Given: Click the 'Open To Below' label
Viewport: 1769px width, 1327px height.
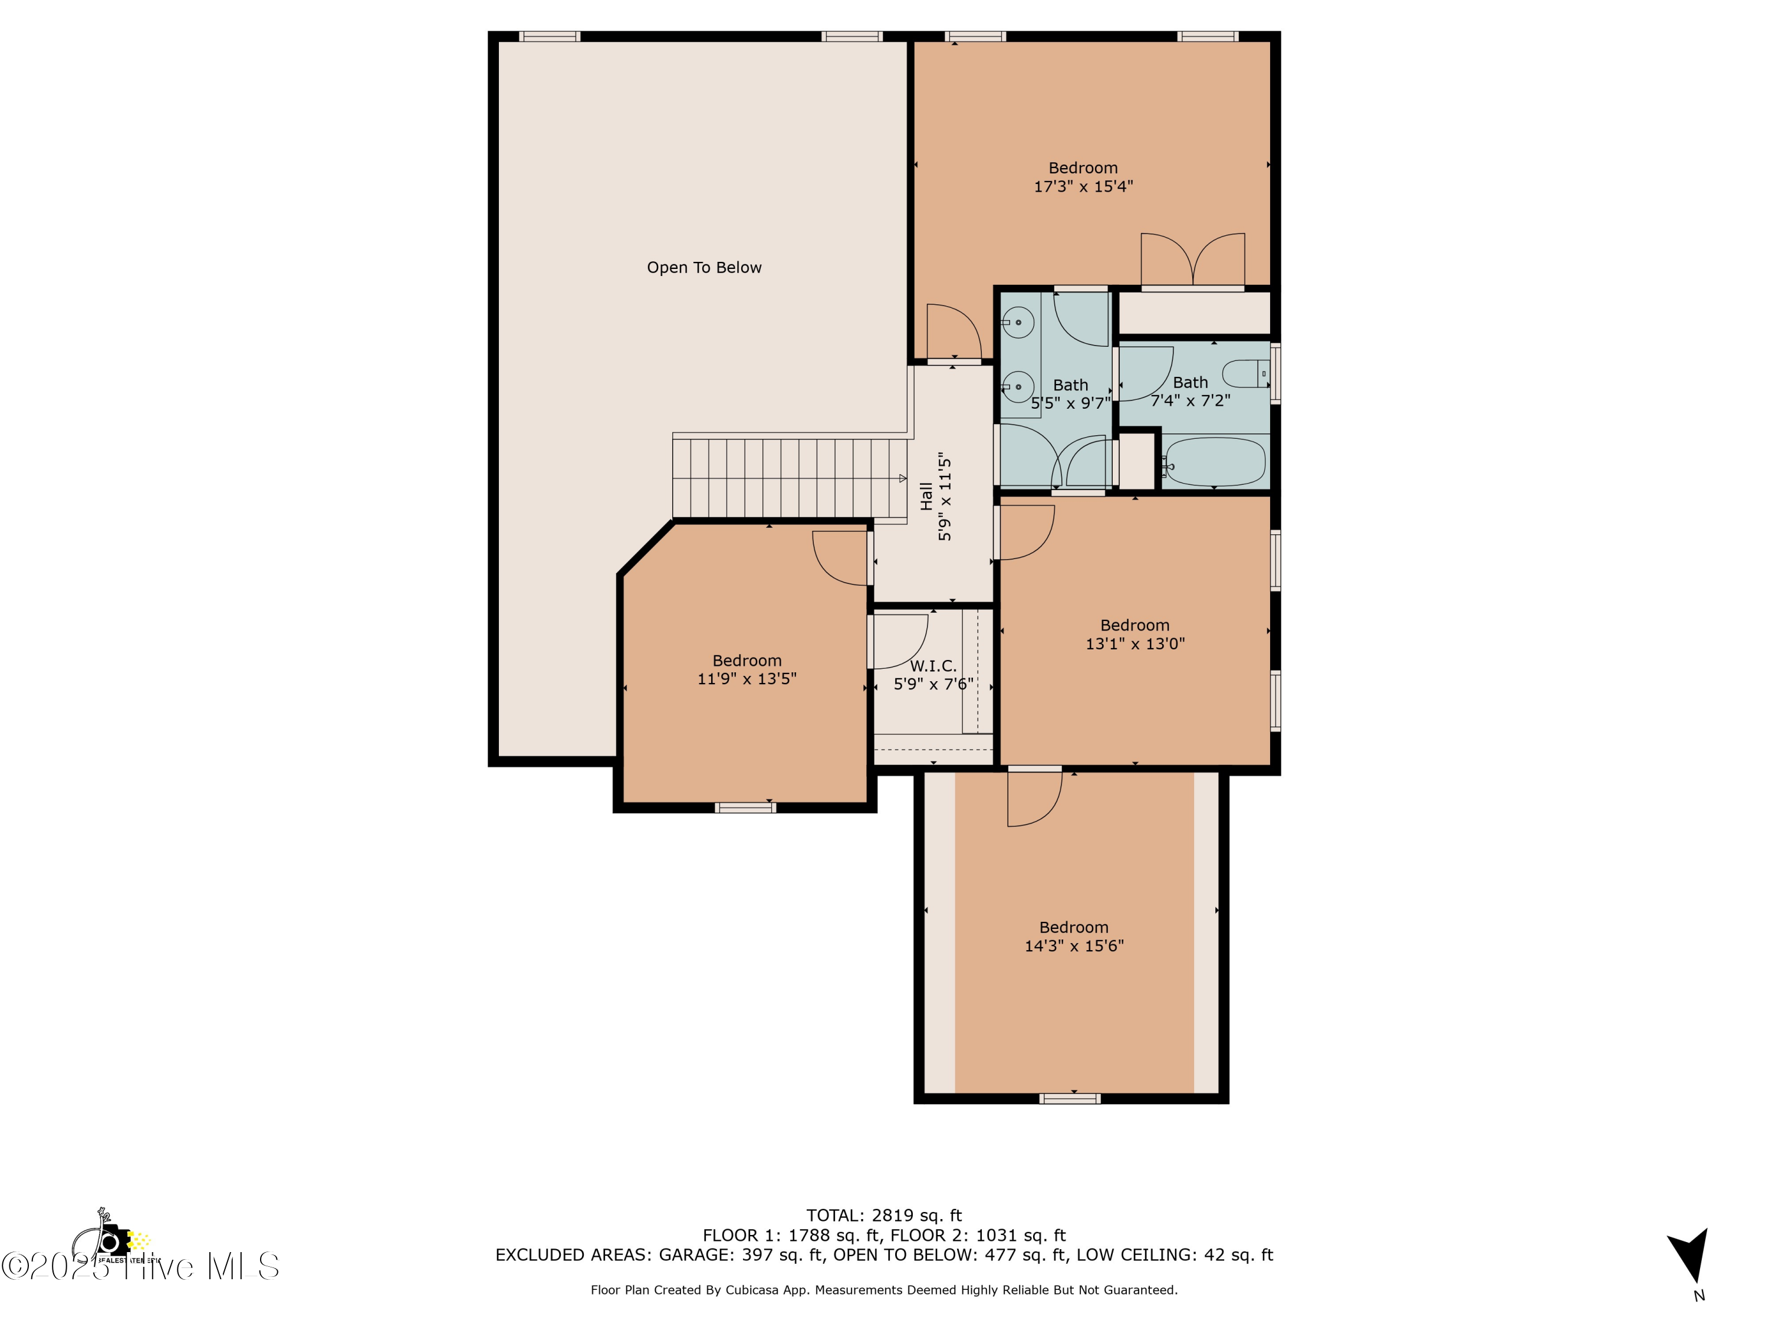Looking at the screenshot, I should point(703,268).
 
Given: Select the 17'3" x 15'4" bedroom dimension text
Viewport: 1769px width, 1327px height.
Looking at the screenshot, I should point(1083,186).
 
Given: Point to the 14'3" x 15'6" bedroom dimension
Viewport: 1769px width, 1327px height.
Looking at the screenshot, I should point(1073,946).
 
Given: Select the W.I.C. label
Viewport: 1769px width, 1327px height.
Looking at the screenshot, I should point(932,665).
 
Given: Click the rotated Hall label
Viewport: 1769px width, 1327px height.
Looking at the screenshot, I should point(926,496).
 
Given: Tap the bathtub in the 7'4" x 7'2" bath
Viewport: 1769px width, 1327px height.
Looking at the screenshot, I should point(1214,462).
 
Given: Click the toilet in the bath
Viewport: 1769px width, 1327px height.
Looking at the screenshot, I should point(1246,373).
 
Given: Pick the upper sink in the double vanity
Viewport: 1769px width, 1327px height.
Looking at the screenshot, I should point(1017,323).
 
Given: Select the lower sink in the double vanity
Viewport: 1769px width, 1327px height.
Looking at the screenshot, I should point(1017,387).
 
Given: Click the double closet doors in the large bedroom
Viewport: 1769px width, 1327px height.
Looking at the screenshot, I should point(1192,260).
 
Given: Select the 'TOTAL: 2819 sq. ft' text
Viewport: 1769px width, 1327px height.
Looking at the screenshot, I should point(884,1216).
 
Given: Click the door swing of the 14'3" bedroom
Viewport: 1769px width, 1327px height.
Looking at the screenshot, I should point(1034,799).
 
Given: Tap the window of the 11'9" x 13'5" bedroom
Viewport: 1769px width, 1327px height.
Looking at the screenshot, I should point(745,808).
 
